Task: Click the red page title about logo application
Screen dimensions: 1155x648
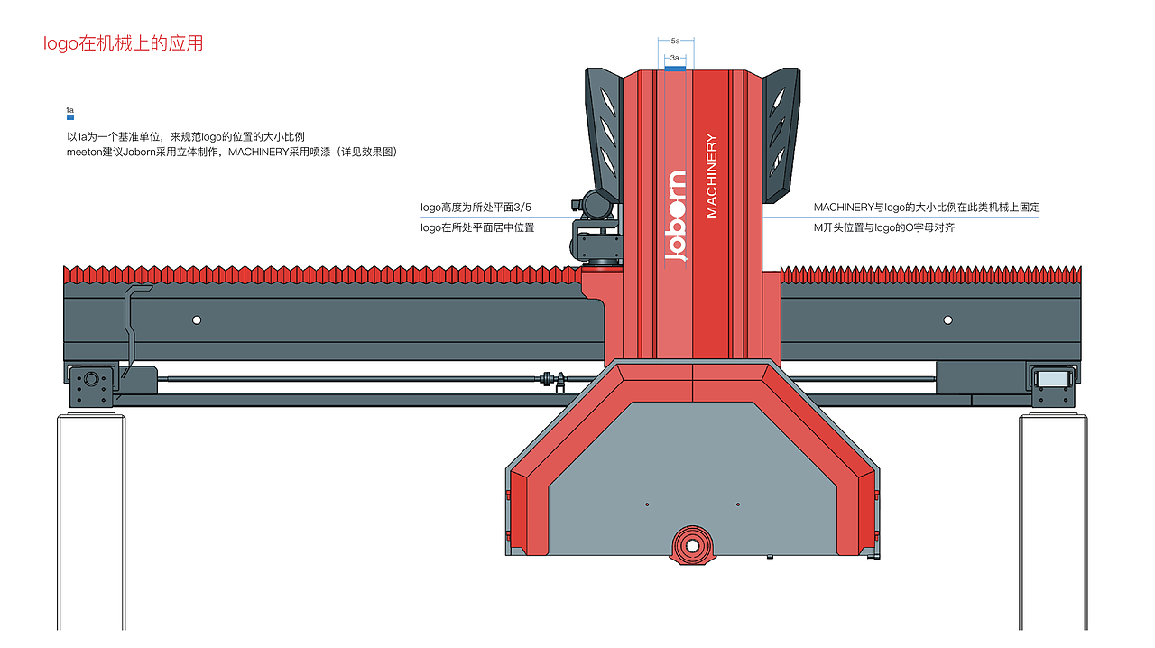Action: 124,43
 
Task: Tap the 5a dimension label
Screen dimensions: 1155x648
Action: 676,41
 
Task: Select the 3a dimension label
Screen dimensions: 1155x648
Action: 674,58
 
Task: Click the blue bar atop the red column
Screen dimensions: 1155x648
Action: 675,68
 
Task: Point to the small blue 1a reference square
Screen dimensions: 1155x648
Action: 70,117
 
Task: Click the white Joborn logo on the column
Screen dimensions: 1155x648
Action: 676,217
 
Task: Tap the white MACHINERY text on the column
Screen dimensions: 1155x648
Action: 711,175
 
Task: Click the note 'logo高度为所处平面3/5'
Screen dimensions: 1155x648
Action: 476,208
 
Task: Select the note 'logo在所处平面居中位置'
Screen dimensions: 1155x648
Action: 477,227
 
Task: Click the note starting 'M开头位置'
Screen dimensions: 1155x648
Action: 883,227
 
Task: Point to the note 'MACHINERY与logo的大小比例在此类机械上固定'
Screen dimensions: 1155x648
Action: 927,208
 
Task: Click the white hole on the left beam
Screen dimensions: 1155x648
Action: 197,320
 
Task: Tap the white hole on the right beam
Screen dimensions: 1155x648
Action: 947,320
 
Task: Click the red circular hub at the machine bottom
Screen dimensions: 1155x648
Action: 692,545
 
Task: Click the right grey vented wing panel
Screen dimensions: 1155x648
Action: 781,135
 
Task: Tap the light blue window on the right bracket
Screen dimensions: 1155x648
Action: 1052,379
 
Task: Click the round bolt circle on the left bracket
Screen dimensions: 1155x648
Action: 91,380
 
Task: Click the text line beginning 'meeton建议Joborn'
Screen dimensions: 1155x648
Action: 232,153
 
